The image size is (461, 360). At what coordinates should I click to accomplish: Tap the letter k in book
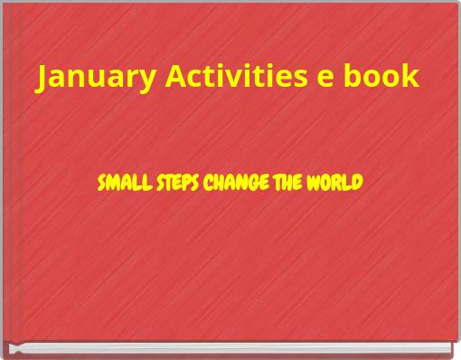[x=411, y=77]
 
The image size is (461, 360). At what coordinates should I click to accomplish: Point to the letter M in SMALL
[x=110, y=184]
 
